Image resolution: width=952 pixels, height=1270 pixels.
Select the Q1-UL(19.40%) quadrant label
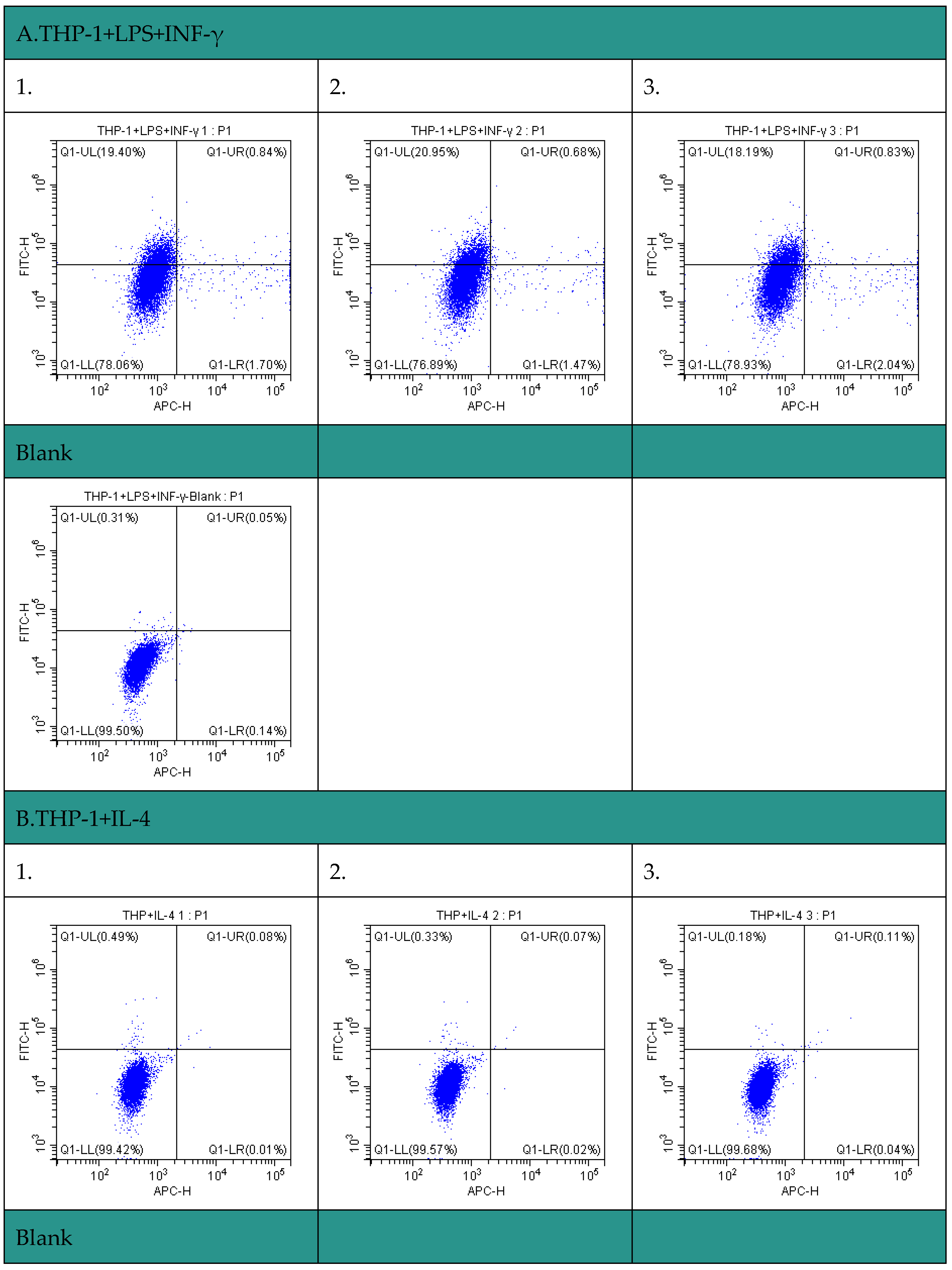[x=103, y=152]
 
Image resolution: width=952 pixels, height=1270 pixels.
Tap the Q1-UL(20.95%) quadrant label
[x=416, y=152]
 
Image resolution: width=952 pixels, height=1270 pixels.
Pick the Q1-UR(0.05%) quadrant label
[x=246, y=518]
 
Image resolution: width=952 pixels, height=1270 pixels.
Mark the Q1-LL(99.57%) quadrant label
[x=415, y=1149]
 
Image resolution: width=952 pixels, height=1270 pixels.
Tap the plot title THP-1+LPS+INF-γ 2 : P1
[x=477, y=131]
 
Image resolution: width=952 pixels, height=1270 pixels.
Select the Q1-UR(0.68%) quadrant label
[x=560, y=152]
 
